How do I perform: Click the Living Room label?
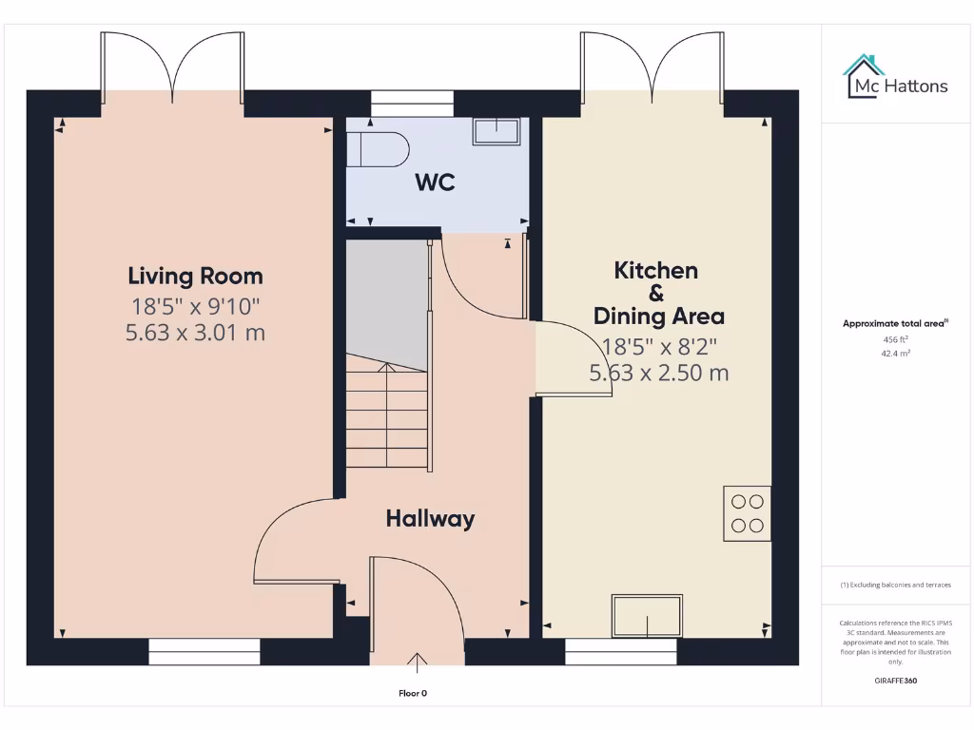click(x=195, y=277)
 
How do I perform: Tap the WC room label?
click(x=435, y=182)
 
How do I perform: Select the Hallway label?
click(x=430, y=519)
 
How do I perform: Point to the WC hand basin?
click(x=497, y=131)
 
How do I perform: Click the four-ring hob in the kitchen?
click(x=747, y=513)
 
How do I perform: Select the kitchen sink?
click(x=648, y=616)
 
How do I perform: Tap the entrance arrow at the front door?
click(x=417, y=661)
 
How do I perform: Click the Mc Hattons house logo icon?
click(x=863, y=75)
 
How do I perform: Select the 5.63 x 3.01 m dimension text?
click(x=195, y=333)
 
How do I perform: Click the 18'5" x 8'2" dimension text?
click(x=658, y=345)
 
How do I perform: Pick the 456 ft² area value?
click(x=895, y=338)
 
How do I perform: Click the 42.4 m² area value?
click(x=895, y=353)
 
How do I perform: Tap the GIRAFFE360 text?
click(x=895, y=681)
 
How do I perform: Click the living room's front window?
click(x=205, y=651)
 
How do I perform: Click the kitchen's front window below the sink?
click(x=621, y=651)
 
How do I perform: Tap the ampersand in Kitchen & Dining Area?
click(x=655, y=293)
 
